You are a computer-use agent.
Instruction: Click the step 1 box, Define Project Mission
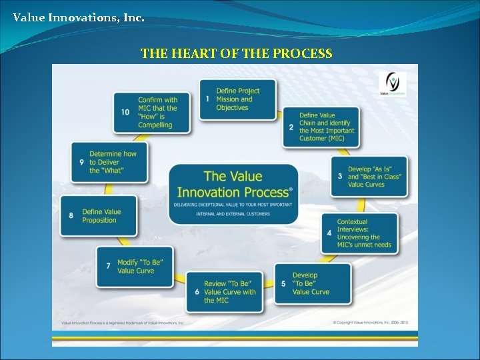coord(237,99)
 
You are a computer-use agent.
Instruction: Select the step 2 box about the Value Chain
coord(321,127)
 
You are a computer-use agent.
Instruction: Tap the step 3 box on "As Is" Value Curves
coord(369,176)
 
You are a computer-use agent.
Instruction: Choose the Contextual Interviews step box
coord(359,233)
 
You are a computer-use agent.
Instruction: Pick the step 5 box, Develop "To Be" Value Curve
coord(312,283)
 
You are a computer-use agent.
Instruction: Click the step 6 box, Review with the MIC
coord(224,292)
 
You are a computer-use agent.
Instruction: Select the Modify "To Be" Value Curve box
coord(135,266)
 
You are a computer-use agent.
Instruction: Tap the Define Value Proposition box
coord(99,215)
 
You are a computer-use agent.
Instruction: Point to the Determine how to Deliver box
coord(109,162)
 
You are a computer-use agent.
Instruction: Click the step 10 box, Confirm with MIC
coord(152,112)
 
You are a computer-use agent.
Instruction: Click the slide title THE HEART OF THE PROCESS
coord(236,53)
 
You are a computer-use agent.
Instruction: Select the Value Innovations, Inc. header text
coord(78,17)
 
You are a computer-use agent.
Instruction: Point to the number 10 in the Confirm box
coord(125,112)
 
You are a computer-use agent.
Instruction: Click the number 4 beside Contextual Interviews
coord(329,233)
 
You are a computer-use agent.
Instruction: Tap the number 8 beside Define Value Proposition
coord(71,215)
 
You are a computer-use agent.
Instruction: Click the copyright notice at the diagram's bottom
coord(370,323)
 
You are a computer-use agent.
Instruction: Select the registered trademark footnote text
coord(122,323)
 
